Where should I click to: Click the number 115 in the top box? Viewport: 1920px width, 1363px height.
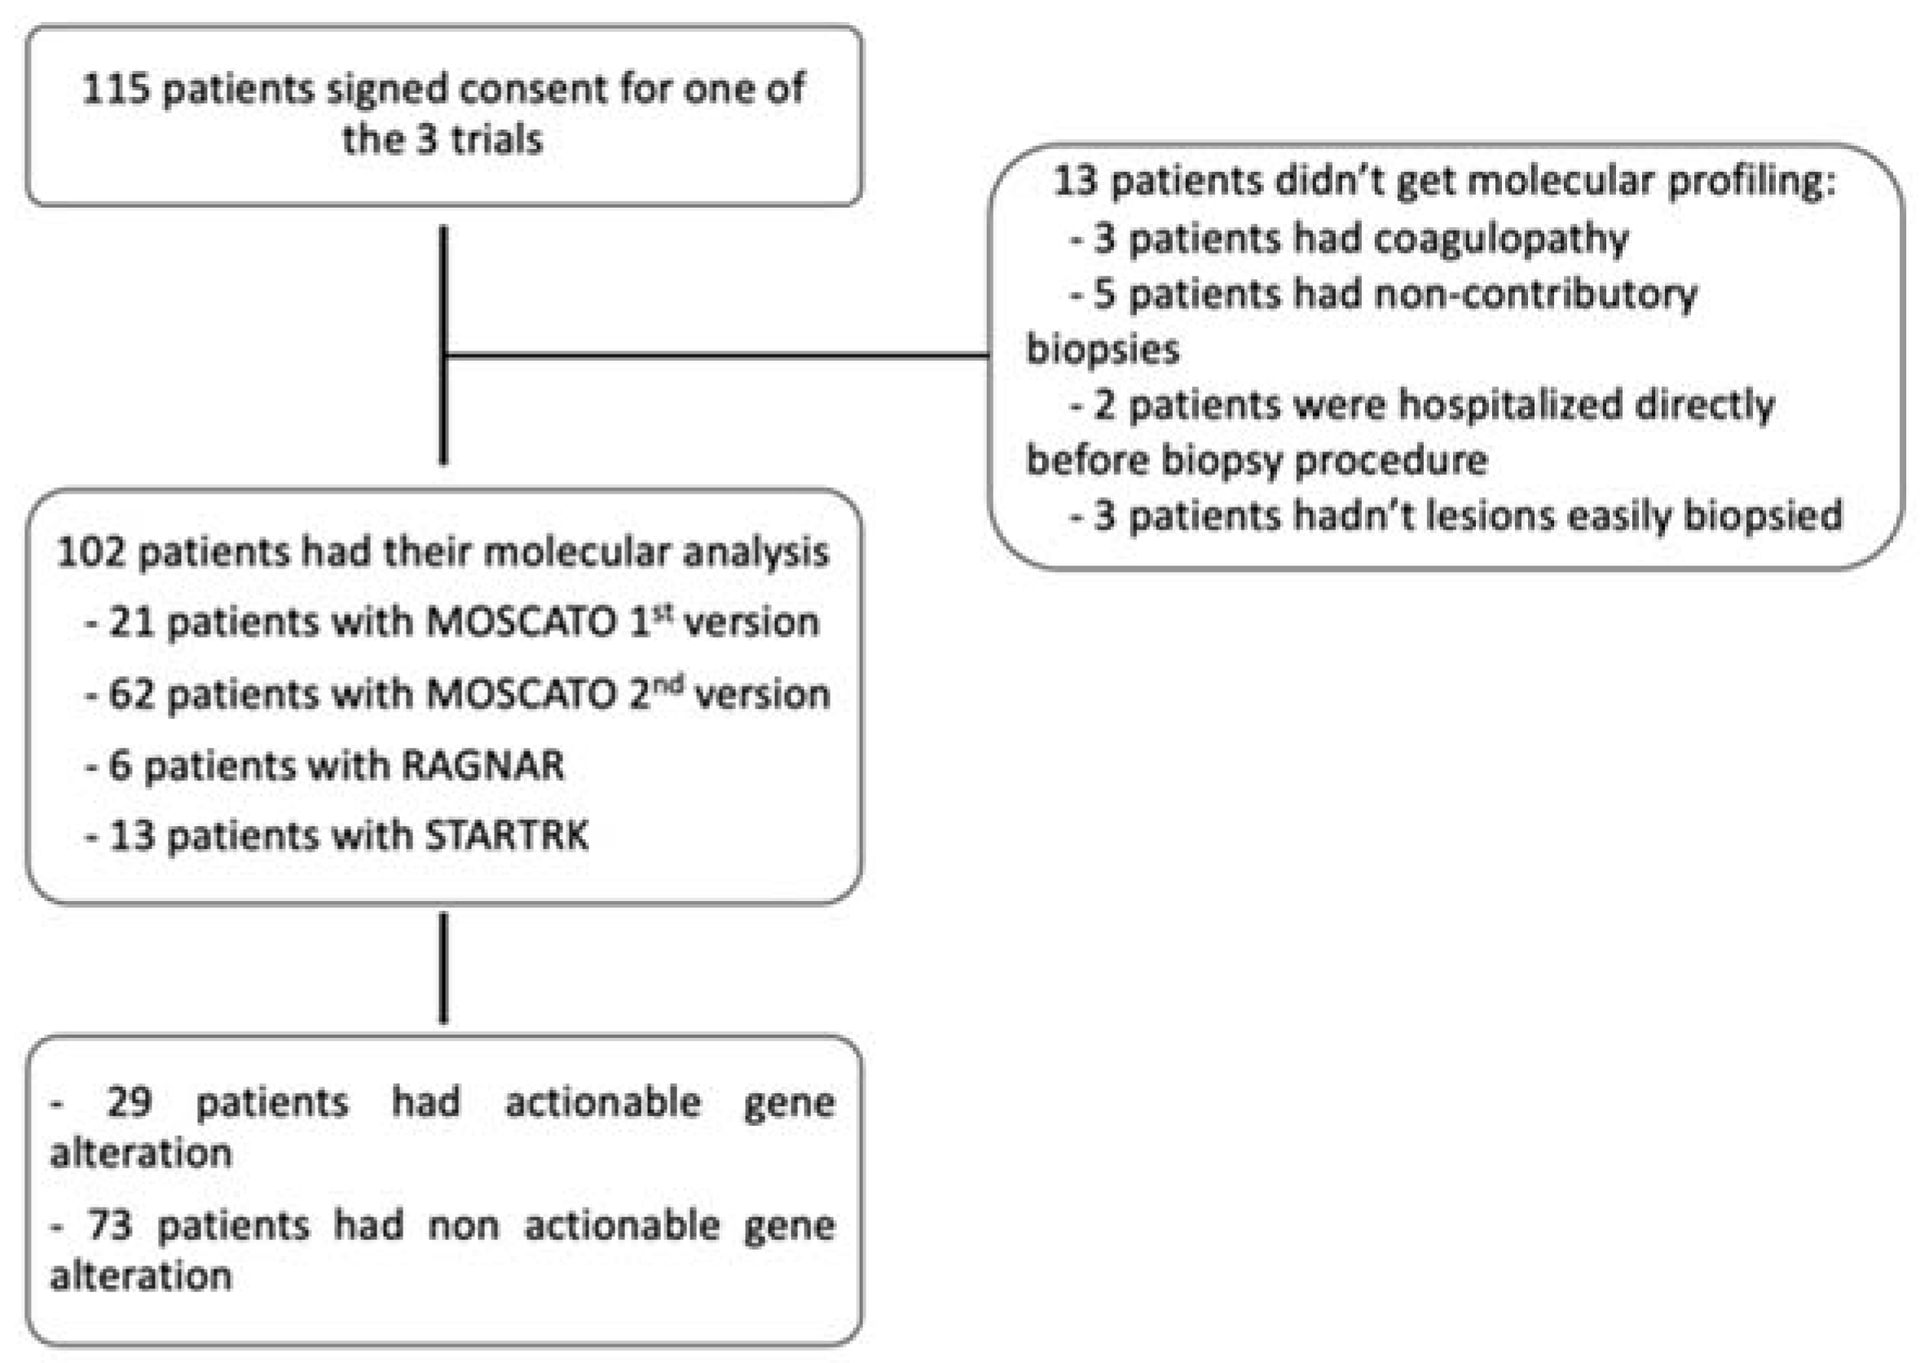pyautogui.click(x=116, y=89)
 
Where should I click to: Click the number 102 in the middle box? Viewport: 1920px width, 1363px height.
pyautogui.click(x=90, y=553)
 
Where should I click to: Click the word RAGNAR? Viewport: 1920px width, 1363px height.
pyautogui.click(x=482, y=767)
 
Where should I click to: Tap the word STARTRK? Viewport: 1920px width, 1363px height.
pyautogui.click(x=507, y=837)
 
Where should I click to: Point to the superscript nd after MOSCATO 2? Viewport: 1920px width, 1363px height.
pyautogui.click(x=668, y=685)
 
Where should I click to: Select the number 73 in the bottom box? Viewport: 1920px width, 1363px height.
pyautogui.click(x=110, y=1225)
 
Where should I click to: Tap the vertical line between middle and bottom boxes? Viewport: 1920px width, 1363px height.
pyautogui.click(x=443, y=969)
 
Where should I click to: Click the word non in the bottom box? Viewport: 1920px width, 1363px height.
pyautogui.click(x=463, y=1227)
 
